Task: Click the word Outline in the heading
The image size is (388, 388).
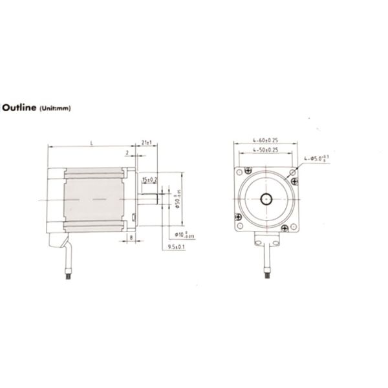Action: click(x=21, y=109)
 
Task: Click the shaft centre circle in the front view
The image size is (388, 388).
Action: click(x=266, y=199)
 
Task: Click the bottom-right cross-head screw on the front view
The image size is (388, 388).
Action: click(x=286, y=228)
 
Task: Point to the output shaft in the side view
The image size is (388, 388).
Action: click(x=147, y=199)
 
